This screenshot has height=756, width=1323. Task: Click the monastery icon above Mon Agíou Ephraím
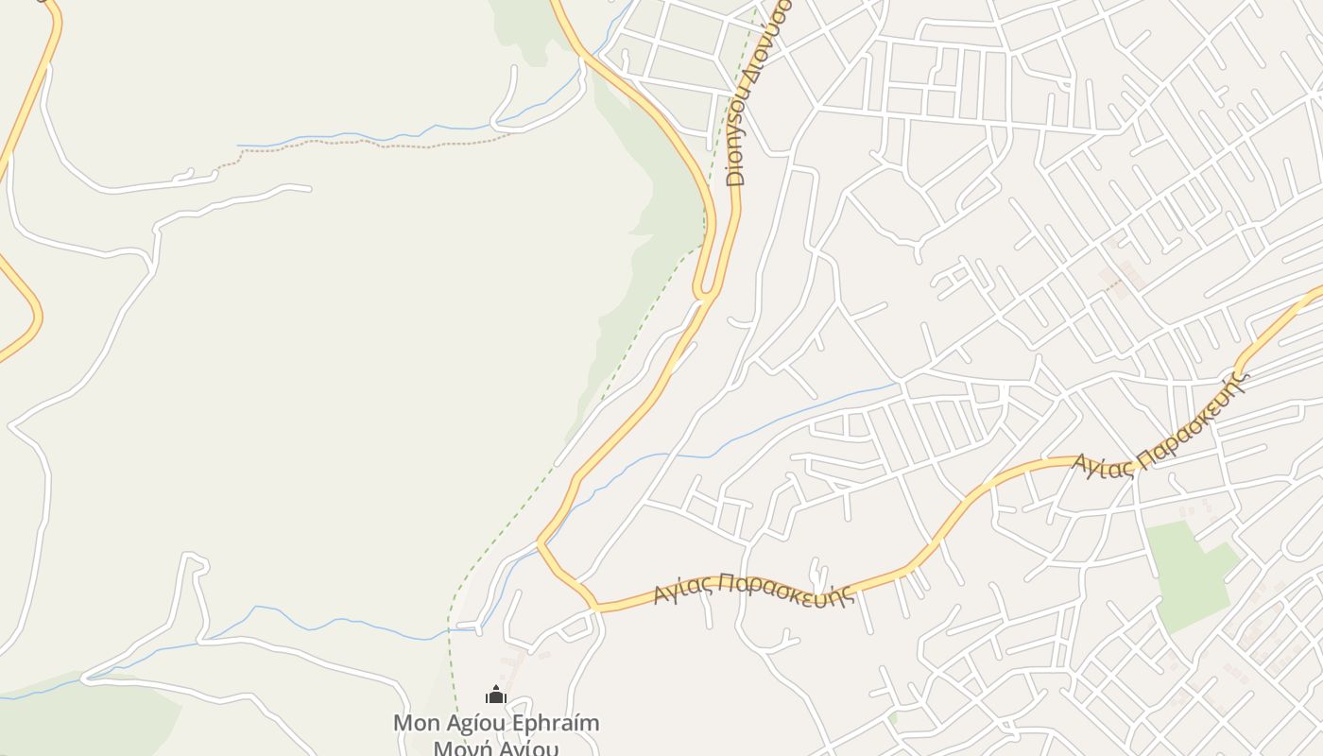496,696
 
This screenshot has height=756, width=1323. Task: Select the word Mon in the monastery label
417,724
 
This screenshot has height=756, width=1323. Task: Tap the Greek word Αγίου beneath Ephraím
529,749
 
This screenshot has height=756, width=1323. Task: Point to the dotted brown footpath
378,145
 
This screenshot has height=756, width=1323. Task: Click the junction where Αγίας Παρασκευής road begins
595,608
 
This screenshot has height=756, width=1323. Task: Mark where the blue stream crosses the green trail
451,628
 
